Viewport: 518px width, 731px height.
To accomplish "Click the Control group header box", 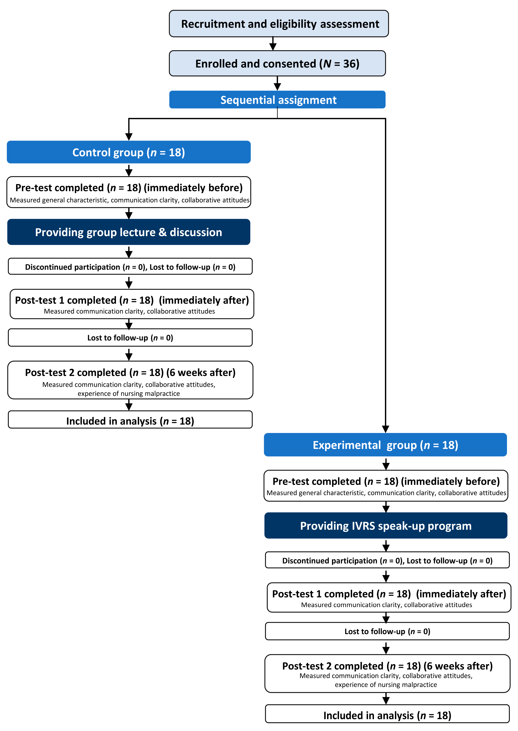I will (129, 152).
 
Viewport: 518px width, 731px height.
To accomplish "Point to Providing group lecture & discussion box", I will (129, 232).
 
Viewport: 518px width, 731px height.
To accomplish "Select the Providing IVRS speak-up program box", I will (386, 526).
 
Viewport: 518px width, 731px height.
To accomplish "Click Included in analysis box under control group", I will (130, 421).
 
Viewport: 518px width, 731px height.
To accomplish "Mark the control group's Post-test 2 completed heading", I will (130, 372).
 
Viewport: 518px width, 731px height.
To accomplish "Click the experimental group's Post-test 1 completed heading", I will (389, 594).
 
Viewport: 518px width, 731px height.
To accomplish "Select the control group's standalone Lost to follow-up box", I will (130, 338).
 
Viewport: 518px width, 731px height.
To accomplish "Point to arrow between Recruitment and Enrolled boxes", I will (273, 44).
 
